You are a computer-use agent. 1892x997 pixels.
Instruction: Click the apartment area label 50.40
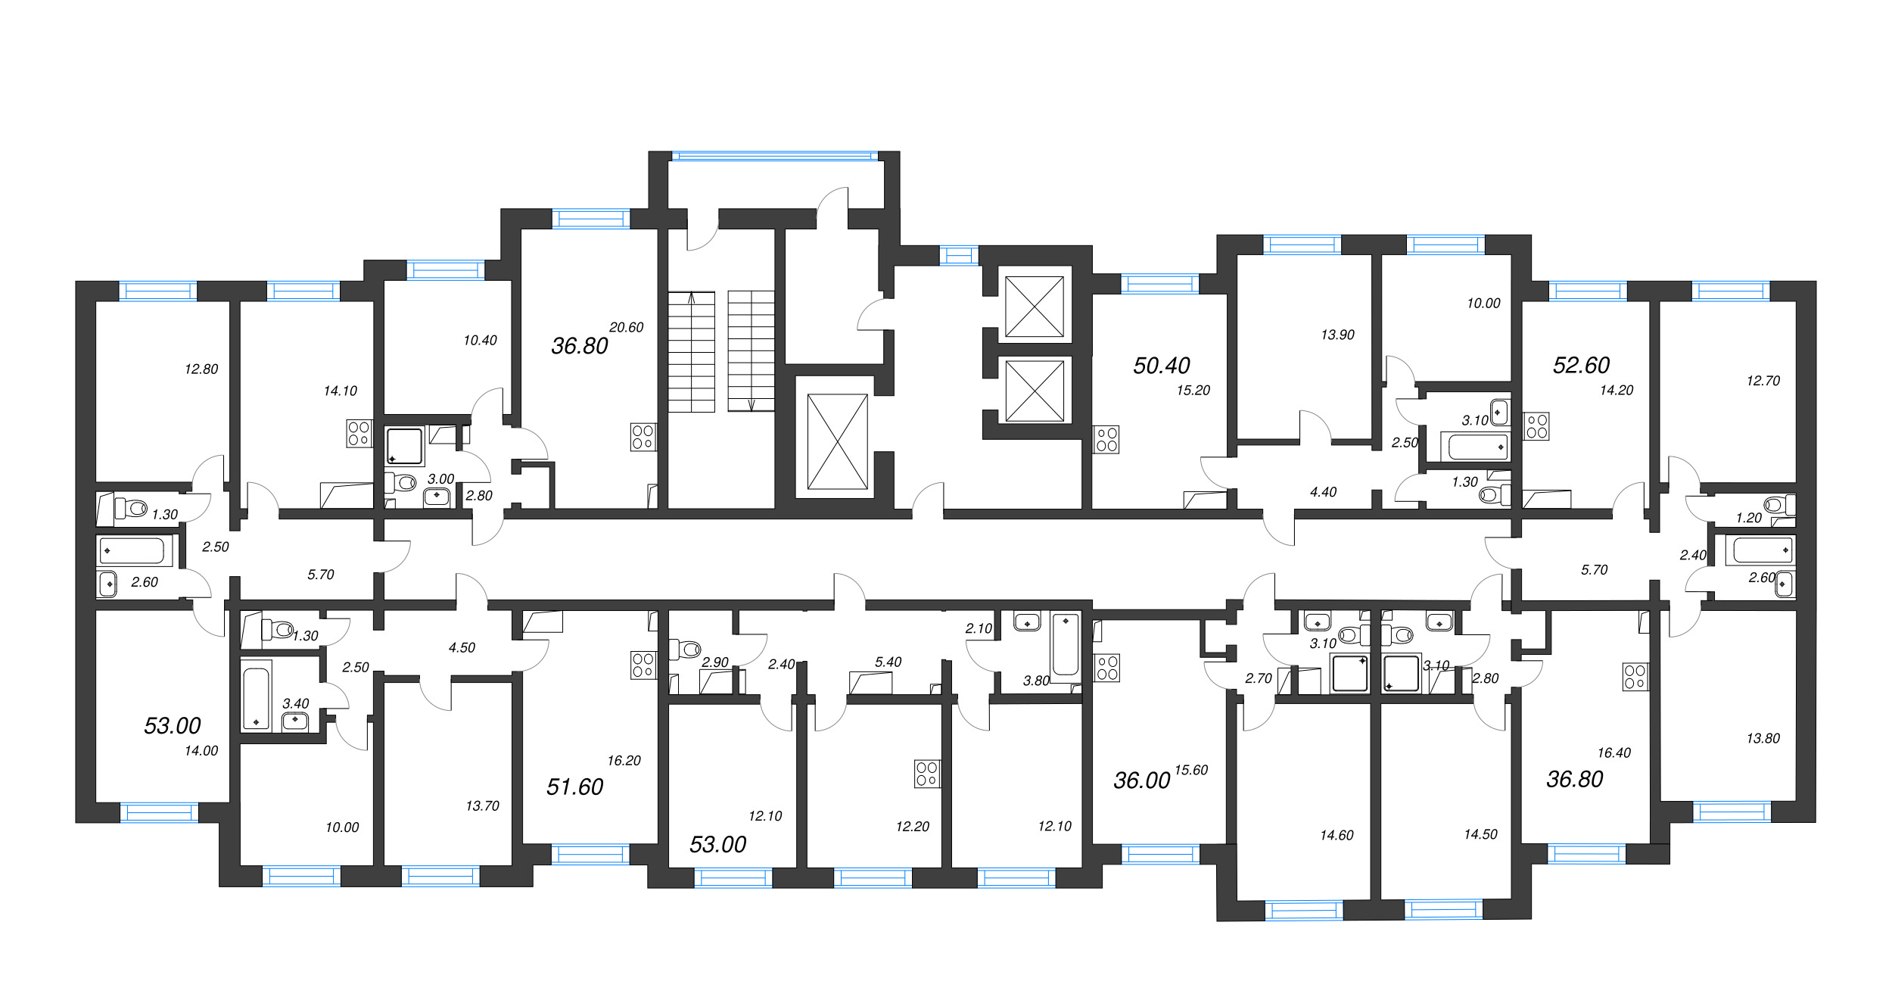[x=1161, y=366]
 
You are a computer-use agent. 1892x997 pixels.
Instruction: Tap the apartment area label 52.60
[x=1581, y=365]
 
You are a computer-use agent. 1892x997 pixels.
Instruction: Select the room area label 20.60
[x=626, y=327]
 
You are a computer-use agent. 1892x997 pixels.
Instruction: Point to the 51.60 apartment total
[x=574, y=787]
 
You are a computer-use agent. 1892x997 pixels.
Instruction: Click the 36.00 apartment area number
[x=1141, y=780]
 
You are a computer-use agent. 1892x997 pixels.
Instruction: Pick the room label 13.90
[x=1337, y=335]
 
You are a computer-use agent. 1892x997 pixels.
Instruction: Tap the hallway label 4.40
[x=1323, y=492]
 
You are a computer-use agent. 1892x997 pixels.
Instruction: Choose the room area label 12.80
[x=201, y=369]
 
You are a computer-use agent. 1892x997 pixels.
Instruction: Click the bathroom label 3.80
[x=1036, y=681]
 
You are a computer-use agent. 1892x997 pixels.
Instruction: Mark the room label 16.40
[x=1613, y=752]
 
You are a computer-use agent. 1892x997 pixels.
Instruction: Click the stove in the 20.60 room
[x=643, y=437]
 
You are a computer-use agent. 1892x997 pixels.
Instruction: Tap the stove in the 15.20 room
[x=1106, y=439]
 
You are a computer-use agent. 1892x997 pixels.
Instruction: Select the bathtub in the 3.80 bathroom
[x=1066, y=646]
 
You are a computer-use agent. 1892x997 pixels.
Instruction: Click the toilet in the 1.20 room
[x=1779, y=504]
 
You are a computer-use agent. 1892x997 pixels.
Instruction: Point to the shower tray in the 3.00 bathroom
[x=405, y=446]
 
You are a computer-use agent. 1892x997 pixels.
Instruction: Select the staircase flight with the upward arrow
[x=691, y=352]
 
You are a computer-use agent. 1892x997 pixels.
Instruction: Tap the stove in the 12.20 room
[x=927, y=774]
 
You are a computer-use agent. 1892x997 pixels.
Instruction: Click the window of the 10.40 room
[x=446, y=270]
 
